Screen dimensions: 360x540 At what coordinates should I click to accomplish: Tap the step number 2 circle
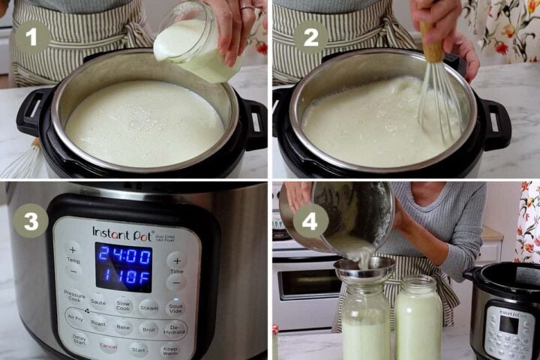310,36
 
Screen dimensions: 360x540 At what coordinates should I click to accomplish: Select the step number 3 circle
31,221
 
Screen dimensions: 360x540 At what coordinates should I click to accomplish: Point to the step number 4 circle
310,221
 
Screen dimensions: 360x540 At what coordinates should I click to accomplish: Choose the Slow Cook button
123,305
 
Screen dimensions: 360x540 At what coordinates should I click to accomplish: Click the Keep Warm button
170,350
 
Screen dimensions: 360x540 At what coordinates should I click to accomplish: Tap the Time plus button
176,260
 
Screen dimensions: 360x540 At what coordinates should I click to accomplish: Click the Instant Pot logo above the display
123,233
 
